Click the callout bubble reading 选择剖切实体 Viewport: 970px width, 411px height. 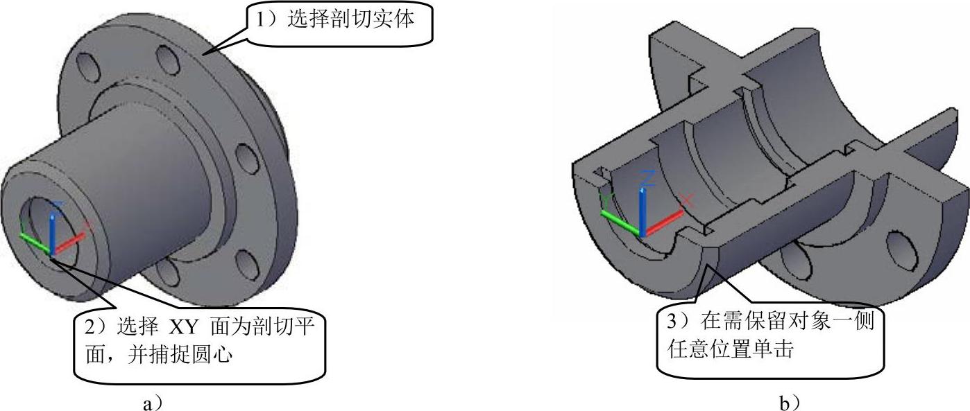[x=340, y=22]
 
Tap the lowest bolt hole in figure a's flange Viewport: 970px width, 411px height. [x=246, y=264]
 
